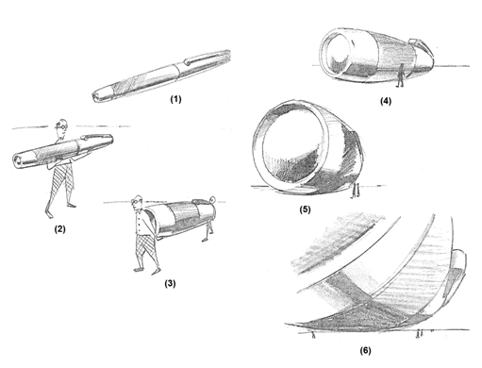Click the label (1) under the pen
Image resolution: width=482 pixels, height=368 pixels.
pos(175,99)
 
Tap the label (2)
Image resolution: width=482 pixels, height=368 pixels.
pos(59,229)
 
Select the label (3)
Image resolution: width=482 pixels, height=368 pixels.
pos(170,283)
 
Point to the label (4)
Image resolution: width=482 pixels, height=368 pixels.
pos(386,101)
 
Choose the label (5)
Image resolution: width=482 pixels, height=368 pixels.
pos(305,209)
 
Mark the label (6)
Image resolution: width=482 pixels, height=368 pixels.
pos(365,350)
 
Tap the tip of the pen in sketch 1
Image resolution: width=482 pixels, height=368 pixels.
pos(95,97)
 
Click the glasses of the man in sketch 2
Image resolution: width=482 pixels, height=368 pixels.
pos(61,126)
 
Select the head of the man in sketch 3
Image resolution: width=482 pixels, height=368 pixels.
pos(138,203)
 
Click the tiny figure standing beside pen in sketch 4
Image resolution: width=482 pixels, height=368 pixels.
pos(400,75)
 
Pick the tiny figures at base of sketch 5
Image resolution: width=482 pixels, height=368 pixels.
pos(356,191)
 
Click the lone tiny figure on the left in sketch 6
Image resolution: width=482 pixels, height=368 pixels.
pos(313,335)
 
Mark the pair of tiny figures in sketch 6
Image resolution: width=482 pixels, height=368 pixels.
pos(420,333)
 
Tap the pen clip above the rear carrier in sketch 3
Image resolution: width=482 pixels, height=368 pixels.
pos(203,200)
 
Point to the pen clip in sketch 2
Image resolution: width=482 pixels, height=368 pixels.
pos(95,136)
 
